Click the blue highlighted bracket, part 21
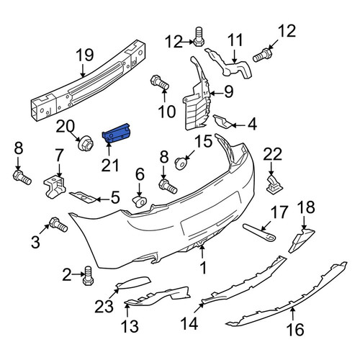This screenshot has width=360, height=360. coord(116,134)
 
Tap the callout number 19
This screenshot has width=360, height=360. coord(85,55)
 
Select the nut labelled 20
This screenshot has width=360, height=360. coord(86,143)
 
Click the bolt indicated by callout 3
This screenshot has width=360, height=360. coord(58,225)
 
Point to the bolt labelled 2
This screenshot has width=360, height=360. coord(88,276)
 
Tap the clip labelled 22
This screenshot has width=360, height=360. coord(274,184)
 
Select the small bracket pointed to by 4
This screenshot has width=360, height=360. coord(222,122)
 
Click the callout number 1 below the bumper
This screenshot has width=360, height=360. coord(203,268)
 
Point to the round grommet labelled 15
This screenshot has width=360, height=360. coord(181,163)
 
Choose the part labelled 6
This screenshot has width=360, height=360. coord(139,202)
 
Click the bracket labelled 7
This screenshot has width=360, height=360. coord(55,186)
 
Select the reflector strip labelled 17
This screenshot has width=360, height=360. coord(259,233)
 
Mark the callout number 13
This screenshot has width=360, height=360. coord(130,326)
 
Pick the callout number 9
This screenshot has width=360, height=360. coord(229,91)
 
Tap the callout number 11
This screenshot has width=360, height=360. coord(235,40)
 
